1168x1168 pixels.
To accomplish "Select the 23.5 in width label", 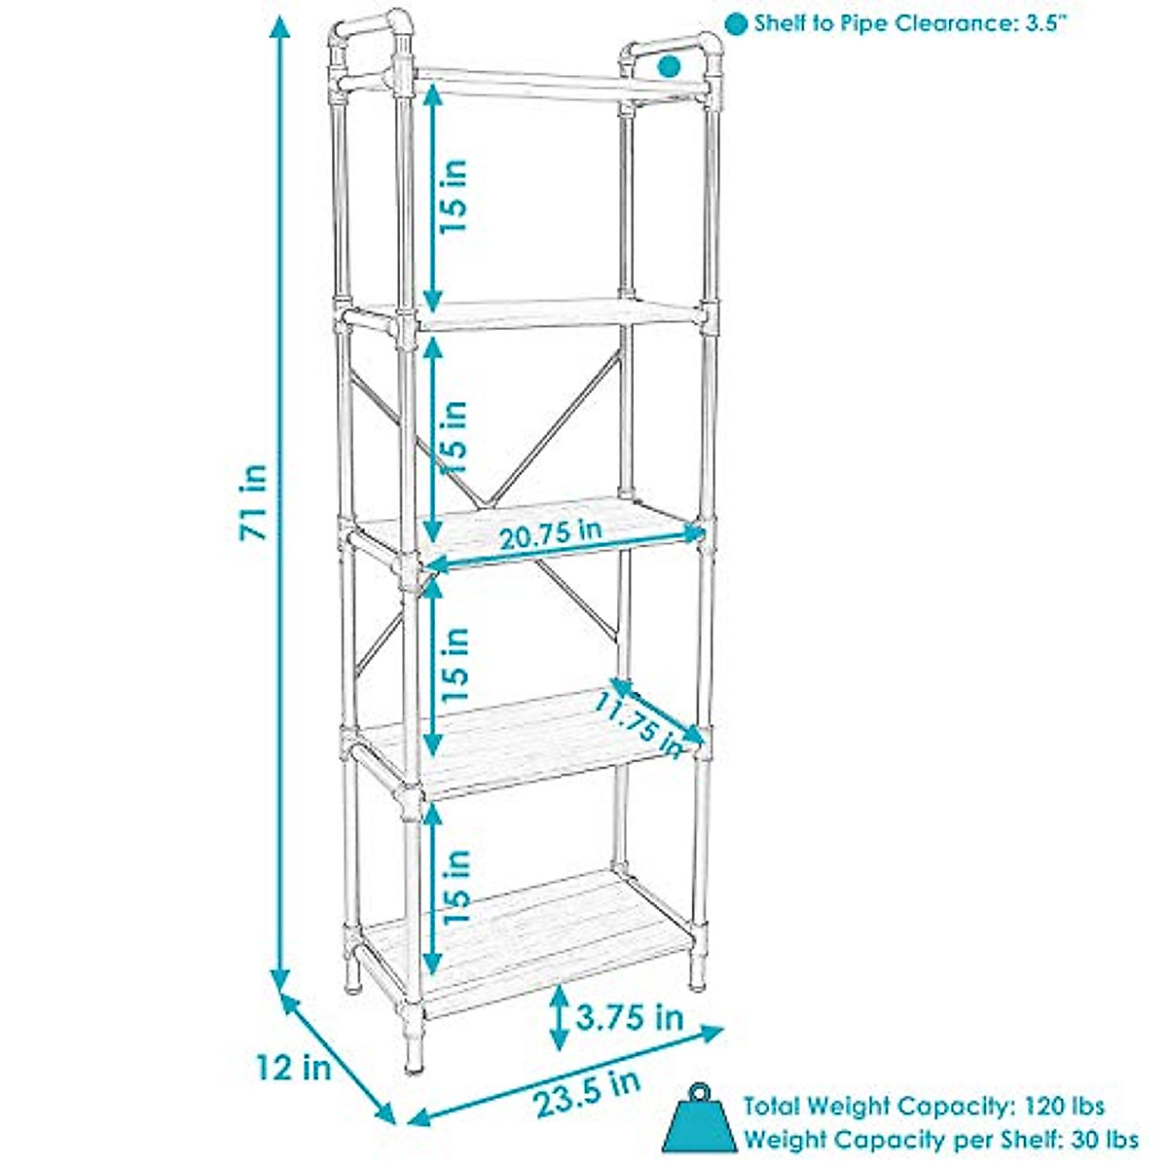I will (x=587, y=1092).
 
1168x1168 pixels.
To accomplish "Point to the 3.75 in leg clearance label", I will (x=630, y=1017).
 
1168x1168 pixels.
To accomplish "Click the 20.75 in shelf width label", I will (x=549, y=534).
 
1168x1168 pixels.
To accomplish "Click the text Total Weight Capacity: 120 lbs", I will (x=924, y=1107).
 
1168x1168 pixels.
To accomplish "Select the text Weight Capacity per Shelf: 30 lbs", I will (x=940, y=1139).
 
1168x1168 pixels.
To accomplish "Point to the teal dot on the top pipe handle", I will (x=669, y=66).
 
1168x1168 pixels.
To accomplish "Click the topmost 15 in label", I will (x=454, y=195).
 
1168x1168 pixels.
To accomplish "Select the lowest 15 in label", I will (x=456, y=886).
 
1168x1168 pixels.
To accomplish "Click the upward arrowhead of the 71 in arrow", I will (x=280, y=29).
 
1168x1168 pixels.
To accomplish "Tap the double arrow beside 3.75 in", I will (x=559, y=1018).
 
